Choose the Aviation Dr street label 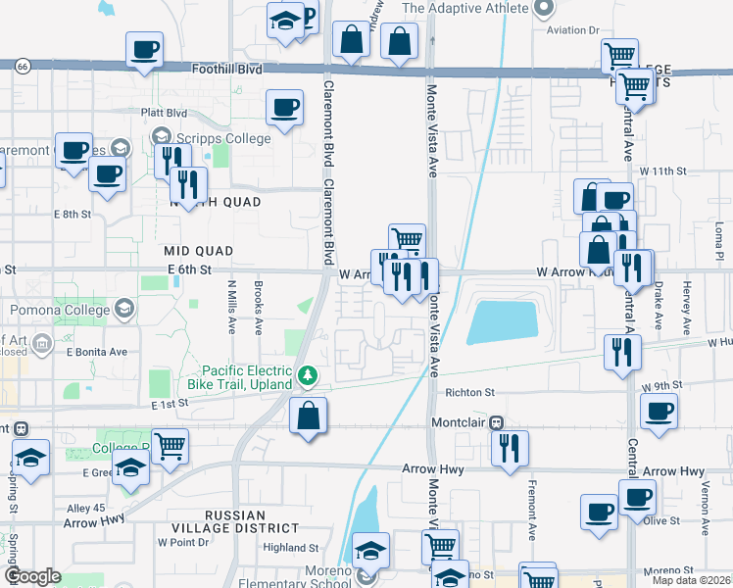point(573,30)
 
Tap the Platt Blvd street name point(163,113)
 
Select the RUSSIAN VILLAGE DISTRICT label point(236,522)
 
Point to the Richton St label point(466,392)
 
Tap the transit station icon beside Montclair point(497,423)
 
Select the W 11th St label point(663,171)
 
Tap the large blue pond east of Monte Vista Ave point(502,321)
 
